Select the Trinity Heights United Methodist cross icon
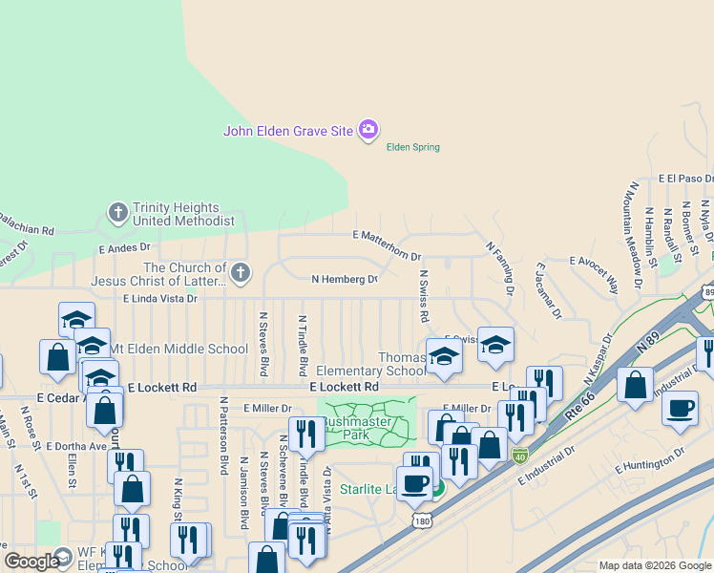117,212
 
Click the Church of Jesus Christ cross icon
240,273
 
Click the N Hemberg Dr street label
345,279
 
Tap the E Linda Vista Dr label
159,299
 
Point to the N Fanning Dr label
500,266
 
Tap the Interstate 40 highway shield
519,456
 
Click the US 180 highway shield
423,520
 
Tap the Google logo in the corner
31,562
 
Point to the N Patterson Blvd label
223,436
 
